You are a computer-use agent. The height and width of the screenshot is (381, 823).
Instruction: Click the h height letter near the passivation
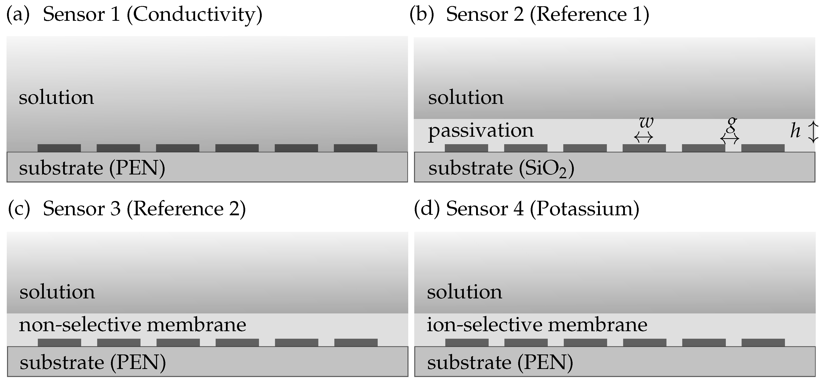pos(795,131)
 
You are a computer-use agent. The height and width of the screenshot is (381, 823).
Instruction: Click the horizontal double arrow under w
pos(644,138)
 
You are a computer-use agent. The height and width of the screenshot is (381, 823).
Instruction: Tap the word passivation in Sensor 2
pos(481,131)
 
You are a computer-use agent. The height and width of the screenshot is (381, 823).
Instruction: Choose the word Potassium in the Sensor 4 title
pos(585,209)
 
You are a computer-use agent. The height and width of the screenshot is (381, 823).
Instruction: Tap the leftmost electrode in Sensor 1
pos(59,148)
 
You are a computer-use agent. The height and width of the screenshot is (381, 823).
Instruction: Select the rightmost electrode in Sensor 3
pos(356,342)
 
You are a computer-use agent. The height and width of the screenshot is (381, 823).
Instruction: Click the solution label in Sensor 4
pos(465,292)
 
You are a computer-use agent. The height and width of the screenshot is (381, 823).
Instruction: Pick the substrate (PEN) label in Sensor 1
pos(92,168)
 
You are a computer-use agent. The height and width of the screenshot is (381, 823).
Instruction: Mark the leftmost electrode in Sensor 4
pos(467,342)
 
